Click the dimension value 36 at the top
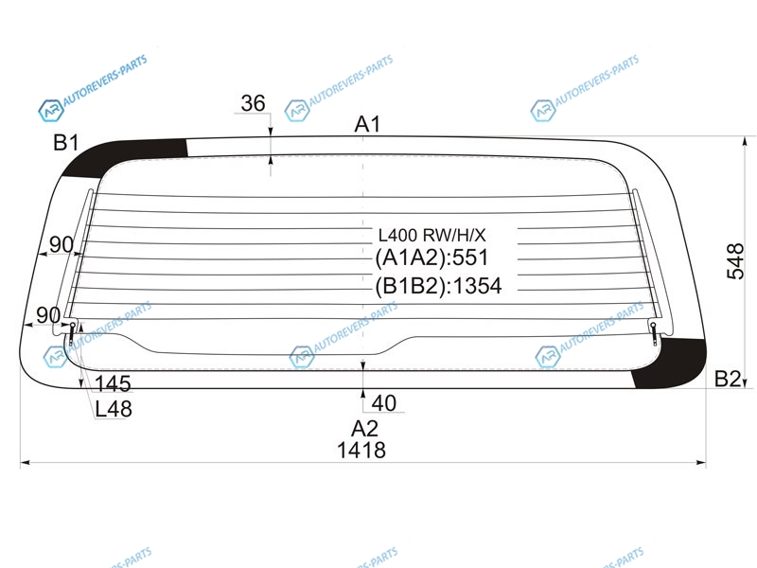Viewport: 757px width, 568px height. pyautogui.click(x=253, y=103)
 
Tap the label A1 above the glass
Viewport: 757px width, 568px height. pyautogui.click(x=367, y=125)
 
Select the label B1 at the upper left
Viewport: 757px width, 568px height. pyautogui.click(x=65, y=143)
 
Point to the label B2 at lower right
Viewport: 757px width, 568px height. pyautogui.click(x=727, y=380)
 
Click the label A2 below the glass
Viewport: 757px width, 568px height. pyautogui.click(x=364, y=429)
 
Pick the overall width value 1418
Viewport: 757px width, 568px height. pyautogui.click(x=361, y=451)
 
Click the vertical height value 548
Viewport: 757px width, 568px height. pyautogui.click(x=735, y=261)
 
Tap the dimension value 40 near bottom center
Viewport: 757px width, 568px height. pyautogui.click(x=384, y=403)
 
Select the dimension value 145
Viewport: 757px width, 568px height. pyautogui.click(x=113, y=384)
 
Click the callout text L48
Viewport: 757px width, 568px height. pyautogui.click(x=114, y=410)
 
